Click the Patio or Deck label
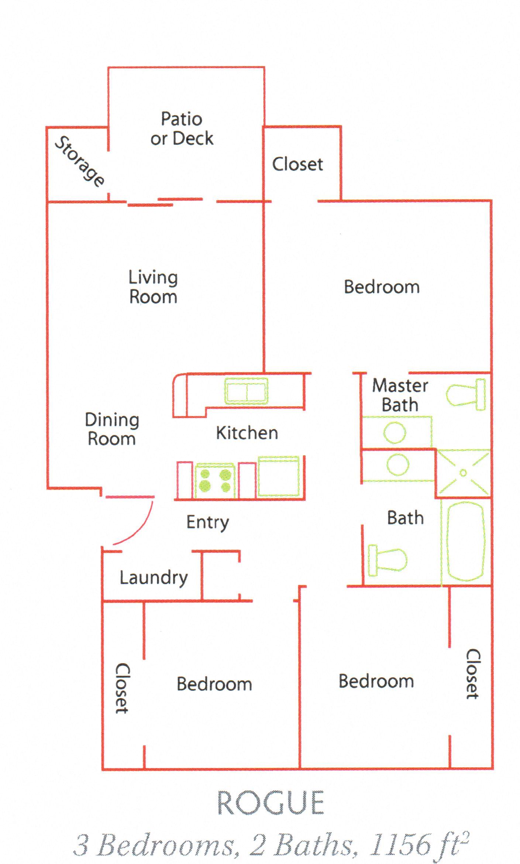182,129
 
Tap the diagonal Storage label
79,161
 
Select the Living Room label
153,287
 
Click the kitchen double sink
246,391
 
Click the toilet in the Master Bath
466,394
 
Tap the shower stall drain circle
463,473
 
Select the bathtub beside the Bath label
465,541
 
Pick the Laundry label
154,578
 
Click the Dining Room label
112,429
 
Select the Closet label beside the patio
297,164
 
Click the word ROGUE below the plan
271,803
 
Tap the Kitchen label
247,433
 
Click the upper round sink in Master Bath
395,432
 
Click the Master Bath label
400,395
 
